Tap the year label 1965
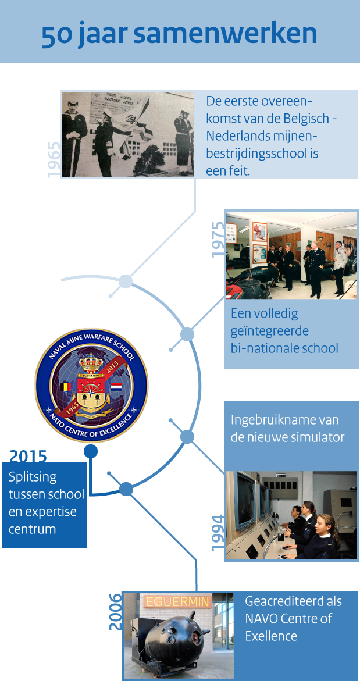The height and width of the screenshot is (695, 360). tap(54, 159)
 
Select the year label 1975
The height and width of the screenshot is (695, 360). tap(218, 239)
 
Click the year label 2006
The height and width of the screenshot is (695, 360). tap(116, 611)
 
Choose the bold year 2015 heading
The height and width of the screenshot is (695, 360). tap(28, 456)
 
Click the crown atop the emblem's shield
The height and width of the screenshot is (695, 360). tap(90, 365)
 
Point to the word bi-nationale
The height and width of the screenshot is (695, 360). tap(262, 348)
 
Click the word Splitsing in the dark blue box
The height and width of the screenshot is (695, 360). tap(33, 477)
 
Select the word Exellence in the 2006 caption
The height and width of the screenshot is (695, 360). tap(270, 636)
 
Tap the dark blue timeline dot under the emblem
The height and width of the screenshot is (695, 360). tap(90, 451)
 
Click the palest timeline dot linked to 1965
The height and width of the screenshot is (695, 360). tap(125, 282)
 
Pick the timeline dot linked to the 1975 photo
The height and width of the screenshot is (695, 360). tap(187, 334)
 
